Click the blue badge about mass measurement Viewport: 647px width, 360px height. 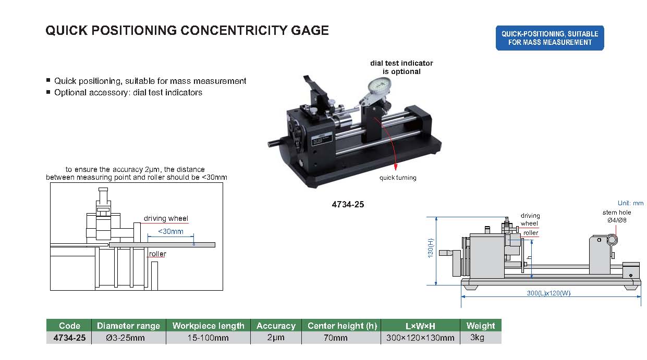pyautogui.click(x=550, y=38)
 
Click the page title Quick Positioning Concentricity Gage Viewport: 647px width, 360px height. pyautogui.click(x=187, y=31)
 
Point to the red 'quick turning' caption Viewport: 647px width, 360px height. pyautogui.click(x=398, y=178)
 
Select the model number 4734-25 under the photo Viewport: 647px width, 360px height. pyautogui.click(x=348, y=204)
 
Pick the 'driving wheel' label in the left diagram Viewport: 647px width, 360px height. pyautogui.click(x=166, y=219)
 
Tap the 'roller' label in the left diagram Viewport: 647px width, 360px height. pyautogui.click(x=157, y=254)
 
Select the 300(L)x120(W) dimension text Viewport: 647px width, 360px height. pyautogui.click(x=548, y=293)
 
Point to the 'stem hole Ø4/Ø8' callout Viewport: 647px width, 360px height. pyautogui.click(x=617, y=216)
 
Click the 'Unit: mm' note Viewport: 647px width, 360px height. pyautogui.click(x=630, y=203)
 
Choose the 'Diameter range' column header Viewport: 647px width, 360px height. pyautogui.click(x=128, y=326)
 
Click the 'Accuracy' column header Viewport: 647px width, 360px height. pyautogui.click(x=276, y=326)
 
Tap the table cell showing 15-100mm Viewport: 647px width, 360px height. pyautogui.click(x=208, y=338)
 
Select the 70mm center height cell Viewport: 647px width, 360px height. pyautogui.click(x=341, y=338)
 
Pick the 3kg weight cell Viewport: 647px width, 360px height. pyautogui.click(x=480, y=338)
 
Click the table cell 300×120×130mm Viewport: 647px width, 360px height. pyautogui.click(x=420, y=338)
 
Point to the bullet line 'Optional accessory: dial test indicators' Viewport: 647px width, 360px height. pyautogui.click(x=128, y=92)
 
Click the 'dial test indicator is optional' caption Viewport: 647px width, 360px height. pyautogui.click(x=401, y=67)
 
